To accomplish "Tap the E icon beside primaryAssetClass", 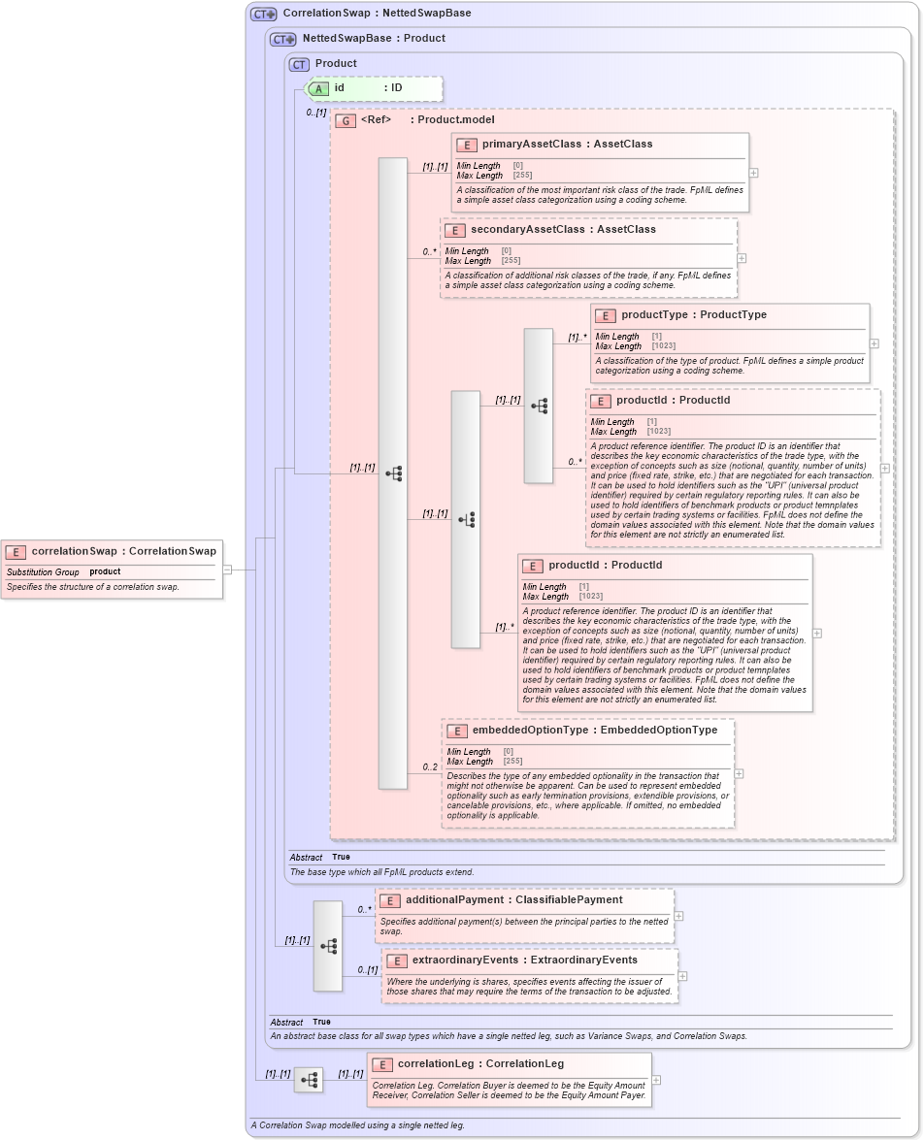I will (x=467, y=145).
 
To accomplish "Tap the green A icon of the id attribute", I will (x=319, y=88).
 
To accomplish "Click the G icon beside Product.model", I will (x=346, y=120).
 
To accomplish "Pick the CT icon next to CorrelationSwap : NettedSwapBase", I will (x=264, y=15).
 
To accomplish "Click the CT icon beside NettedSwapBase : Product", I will (x=283, y=39).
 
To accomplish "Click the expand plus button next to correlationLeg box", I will (x=656, y=1079).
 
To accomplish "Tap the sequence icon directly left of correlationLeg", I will (x=309, y=1079).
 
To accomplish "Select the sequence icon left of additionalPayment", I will (x=328, y=945).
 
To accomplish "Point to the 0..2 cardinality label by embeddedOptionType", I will (x=430, y=767).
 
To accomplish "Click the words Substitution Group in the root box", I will (x=43, y=572).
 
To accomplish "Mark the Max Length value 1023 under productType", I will (x=663, y=346).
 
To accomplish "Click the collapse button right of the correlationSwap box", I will (x=227, y=570).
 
